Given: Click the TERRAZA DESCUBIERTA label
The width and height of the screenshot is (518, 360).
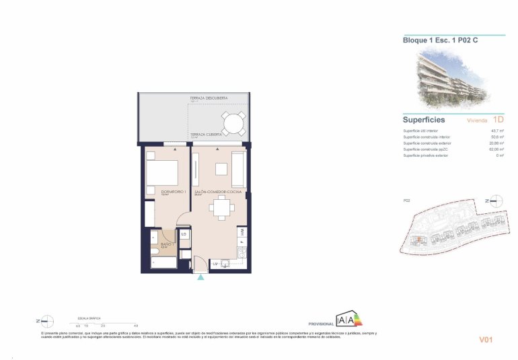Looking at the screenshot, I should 209,99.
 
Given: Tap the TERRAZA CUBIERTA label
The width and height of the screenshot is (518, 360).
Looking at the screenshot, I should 206,135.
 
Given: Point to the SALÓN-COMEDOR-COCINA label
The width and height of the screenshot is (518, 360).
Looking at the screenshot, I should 218,192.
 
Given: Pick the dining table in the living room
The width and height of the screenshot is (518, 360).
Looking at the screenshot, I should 219,209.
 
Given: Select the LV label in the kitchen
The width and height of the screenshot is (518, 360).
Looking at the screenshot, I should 216,264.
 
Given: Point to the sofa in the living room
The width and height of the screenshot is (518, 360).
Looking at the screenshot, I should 238,170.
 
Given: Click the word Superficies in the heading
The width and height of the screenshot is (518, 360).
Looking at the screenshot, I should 424,119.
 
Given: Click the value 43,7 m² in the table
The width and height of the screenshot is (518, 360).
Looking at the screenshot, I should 498,131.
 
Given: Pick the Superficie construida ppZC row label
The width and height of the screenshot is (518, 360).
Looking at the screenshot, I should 428,149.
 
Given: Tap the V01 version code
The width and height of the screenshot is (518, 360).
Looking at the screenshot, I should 486,340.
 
